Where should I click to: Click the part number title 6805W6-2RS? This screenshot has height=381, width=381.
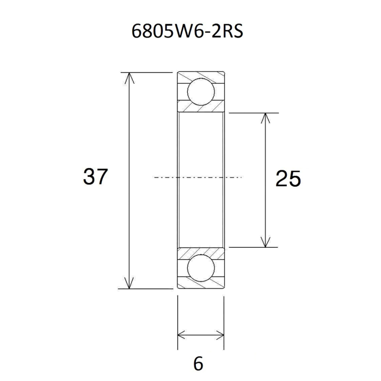click(187, 32)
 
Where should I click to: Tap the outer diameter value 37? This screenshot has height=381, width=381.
click(95, 177)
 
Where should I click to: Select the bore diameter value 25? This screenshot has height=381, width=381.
click(288, 179)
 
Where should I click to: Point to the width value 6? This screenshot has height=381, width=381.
click(198, 364)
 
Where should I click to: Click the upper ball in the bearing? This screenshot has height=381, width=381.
click(201, 92)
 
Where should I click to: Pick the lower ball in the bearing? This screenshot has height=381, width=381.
click(201, 268)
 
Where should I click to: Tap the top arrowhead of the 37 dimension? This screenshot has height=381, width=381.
click(130, 78)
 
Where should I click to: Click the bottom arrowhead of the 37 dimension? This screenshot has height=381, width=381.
click(130, 283)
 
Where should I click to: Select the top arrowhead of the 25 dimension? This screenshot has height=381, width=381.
click(266, 118)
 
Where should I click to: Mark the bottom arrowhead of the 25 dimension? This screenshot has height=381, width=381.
click(266, 242)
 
